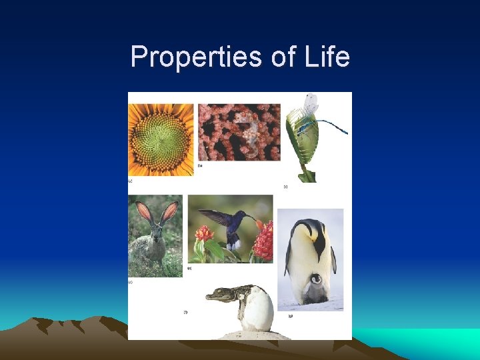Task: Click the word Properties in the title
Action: coord(196,57)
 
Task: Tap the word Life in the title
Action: coord(323,57)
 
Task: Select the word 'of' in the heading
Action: coord(282,57)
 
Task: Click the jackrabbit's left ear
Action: coord(145,213)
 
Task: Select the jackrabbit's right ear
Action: coord(169,213)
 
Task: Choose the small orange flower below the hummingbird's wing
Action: coord(205,234)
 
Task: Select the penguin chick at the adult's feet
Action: coord(314,287)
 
